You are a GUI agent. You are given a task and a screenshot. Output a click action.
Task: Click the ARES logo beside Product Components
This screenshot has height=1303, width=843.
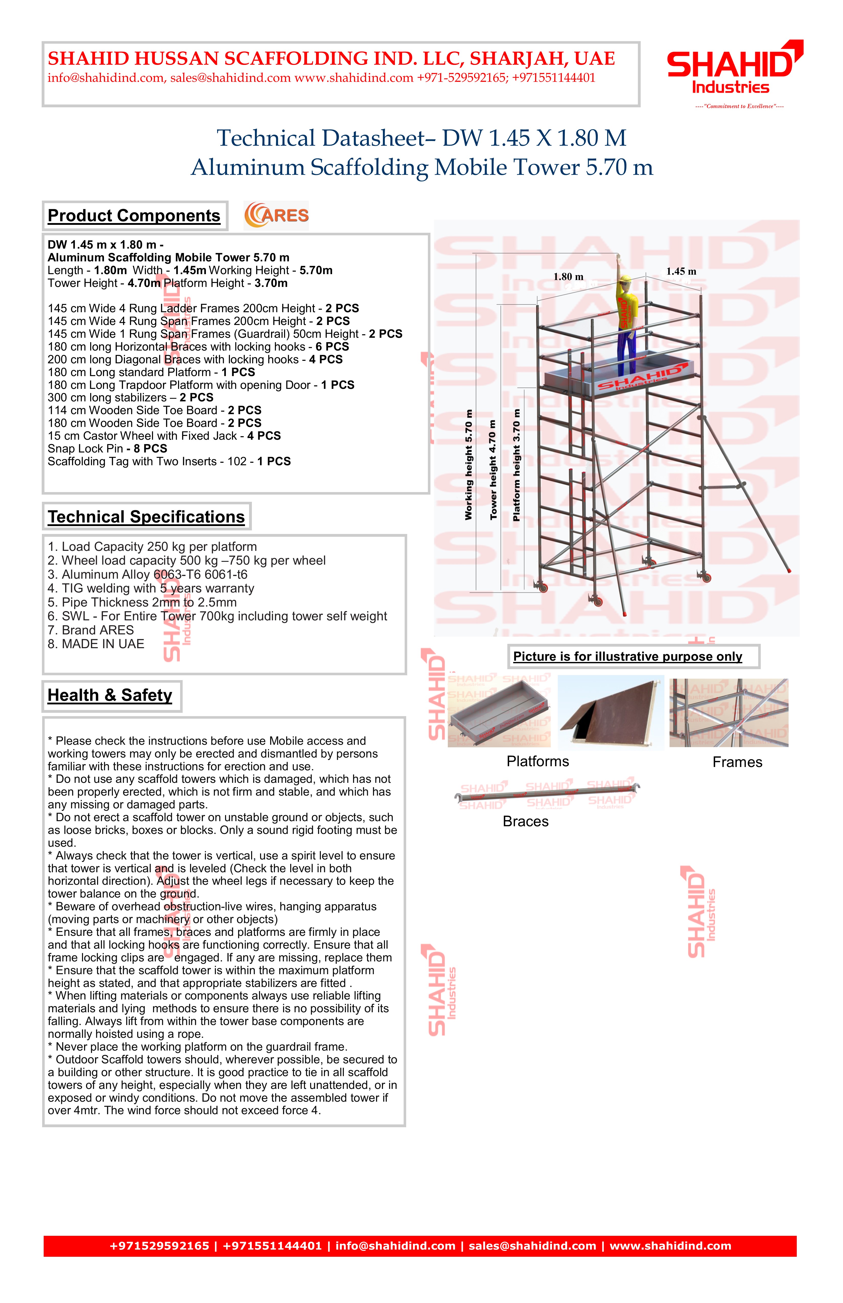coord(276,215)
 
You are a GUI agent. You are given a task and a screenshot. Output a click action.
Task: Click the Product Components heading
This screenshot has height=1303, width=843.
coord(134,216)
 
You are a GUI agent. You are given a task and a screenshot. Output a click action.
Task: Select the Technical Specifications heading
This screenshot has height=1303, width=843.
coord(146,517)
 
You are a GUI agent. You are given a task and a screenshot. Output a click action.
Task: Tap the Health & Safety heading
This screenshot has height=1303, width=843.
coord(110,695)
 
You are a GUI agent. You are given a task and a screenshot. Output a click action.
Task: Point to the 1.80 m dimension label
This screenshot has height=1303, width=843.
coord(568,277)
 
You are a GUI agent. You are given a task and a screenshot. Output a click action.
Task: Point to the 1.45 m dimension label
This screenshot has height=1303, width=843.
coord(681,272)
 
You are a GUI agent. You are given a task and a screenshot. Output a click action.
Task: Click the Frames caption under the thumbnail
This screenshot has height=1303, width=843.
coord(737,762)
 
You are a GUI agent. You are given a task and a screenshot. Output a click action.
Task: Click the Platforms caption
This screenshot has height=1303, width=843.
coord(537,762)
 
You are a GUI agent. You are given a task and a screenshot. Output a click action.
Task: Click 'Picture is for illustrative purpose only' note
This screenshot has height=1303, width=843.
coord(627,656)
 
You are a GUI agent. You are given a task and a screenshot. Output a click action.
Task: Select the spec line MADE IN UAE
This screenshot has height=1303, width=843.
coord(96,644)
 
